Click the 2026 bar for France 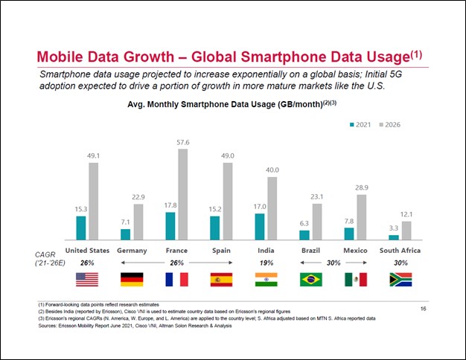pos(183,194)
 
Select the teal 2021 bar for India pos(260,227)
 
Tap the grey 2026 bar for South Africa pos(406,231)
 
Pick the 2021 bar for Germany pos(125,234)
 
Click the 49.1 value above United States pos(93,156)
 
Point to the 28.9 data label pos(362,187)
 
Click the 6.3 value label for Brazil pos(304,223)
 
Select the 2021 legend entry pos(360,125)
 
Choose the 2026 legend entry pos(389,125)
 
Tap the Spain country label pos(221,251)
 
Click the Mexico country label pos(355,251)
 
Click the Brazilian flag pos(311,280)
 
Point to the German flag pos(132,280)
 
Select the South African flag pos(400,280)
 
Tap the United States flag pos(87,280)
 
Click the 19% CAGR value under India pos(266,263)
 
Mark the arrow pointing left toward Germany pos(143,263)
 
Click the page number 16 pos(424,309)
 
